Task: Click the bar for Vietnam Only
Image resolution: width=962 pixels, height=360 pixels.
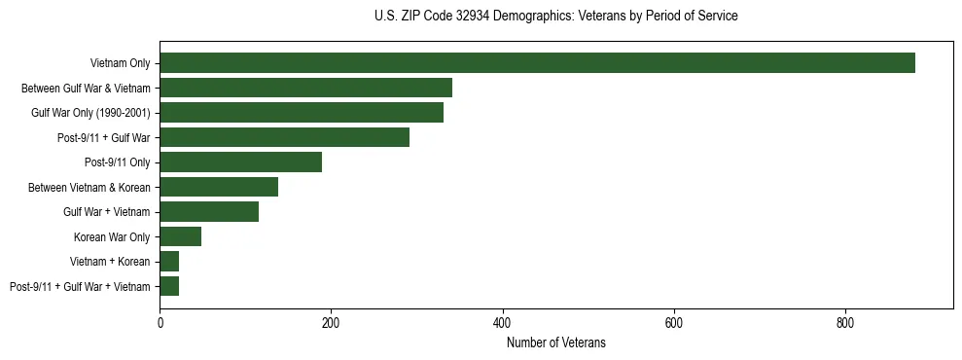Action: coord(537,63)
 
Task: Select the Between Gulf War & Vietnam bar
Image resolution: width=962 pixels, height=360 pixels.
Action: coord(305,88)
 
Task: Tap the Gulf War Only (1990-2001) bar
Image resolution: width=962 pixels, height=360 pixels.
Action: coord(302,113)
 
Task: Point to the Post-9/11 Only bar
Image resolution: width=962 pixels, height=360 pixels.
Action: coord(240,162)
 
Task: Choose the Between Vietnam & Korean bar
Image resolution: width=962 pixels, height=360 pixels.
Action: coord(219,187)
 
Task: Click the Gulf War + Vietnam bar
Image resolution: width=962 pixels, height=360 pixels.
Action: coord(209,212)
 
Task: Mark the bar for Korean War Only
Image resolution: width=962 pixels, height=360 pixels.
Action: coord(180,236)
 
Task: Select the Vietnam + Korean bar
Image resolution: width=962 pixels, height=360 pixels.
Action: coord(169,262)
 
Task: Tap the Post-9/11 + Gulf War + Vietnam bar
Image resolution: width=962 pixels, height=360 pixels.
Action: coord(169,286)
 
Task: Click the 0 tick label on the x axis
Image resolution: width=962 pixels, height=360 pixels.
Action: coord(160,323)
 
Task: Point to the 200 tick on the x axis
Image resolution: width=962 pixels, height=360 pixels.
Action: coord(331,323)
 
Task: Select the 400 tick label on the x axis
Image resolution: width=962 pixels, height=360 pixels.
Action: coord(502,323)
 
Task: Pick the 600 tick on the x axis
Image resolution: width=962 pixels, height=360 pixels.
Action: coord(673,323)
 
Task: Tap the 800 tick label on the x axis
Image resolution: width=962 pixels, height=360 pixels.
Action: coord(844,323)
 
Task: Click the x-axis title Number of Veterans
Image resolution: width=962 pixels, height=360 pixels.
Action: coord(555,342)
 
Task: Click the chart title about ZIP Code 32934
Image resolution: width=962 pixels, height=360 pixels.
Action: coord(555,17)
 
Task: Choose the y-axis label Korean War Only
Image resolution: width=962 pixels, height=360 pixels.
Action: coord(112,237)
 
